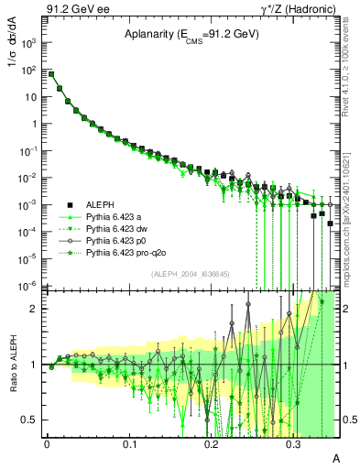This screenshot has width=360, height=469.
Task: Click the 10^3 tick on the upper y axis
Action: pos(31,43)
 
